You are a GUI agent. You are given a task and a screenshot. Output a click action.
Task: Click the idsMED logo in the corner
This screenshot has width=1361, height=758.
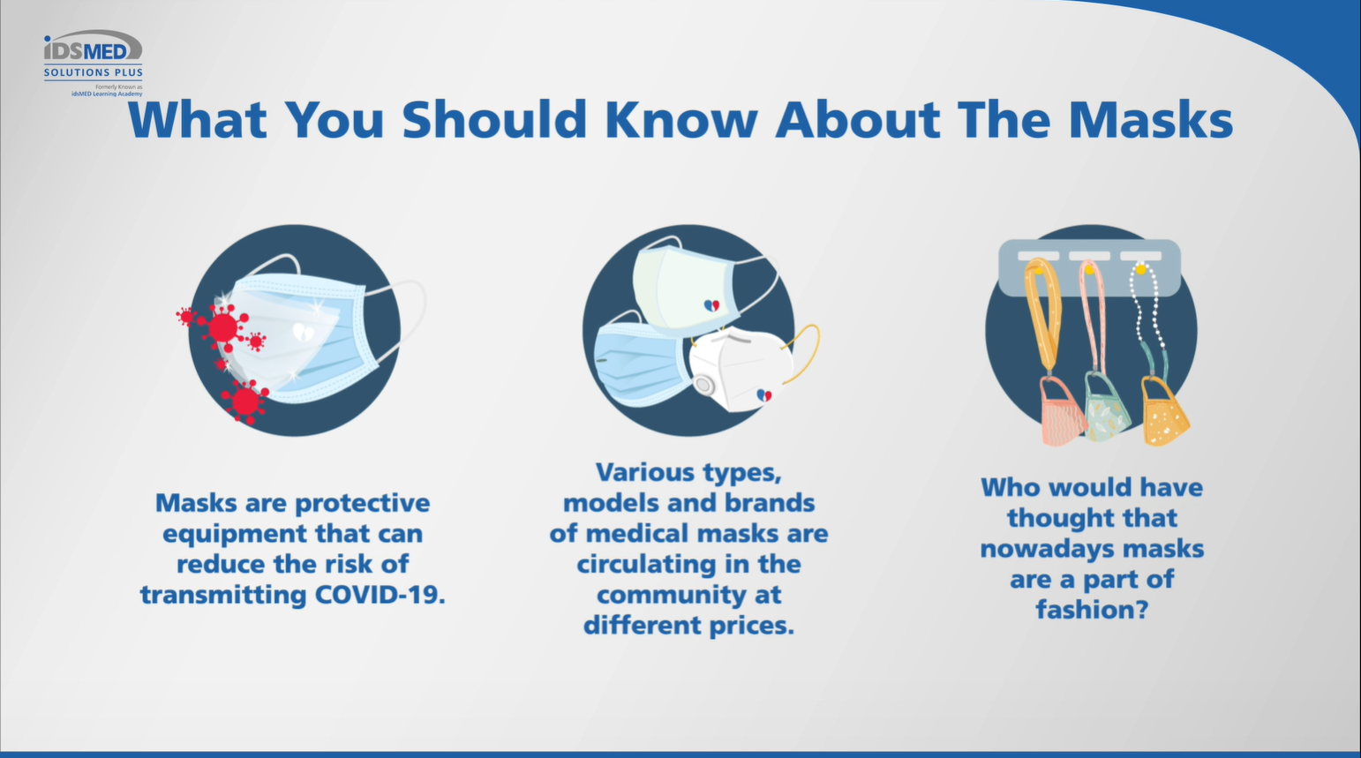coord(93,64)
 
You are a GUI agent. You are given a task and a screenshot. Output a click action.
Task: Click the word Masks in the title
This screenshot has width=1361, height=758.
coord(1151,119)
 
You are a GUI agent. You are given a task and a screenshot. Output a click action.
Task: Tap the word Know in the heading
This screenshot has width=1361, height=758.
coord(681,119)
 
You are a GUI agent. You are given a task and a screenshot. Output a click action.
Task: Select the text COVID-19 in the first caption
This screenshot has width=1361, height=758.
coord(380,594)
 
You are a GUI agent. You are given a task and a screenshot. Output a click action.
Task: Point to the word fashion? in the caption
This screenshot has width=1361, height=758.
coord(1093,609)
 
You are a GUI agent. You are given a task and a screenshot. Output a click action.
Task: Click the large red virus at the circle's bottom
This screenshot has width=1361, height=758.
coord(245,401)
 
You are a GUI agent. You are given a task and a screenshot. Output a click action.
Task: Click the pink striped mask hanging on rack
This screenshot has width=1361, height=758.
coord(1062,410)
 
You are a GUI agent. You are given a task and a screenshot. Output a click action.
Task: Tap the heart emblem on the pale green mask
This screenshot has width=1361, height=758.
coord(711,305)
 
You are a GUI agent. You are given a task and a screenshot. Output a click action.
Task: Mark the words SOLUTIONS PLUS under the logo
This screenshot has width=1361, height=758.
coord(93,72)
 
